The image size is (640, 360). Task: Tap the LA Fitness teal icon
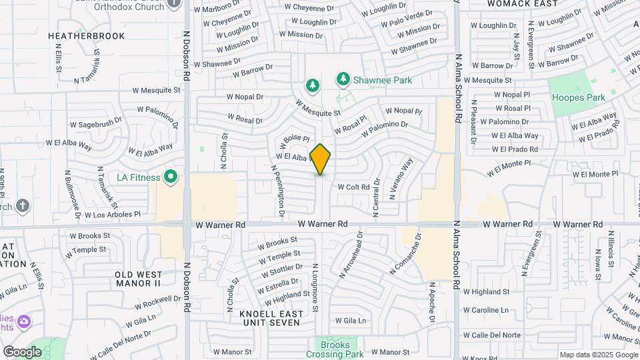coord(171,177)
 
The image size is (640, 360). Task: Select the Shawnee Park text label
coord(383,80)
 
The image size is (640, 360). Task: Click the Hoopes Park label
coord(578,97)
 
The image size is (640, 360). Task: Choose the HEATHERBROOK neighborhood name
coord(87,35)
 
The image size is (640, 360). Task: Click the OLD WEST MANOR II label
coord(138,279)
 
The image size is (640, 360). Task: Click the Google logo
coord(22,351)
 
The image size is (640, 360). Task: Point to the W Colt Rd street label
coord(353,187)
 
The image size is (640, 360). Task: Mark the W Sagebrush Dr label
coord(96,123)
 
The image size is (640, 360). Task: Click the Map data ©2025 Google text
coord(599,355)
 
